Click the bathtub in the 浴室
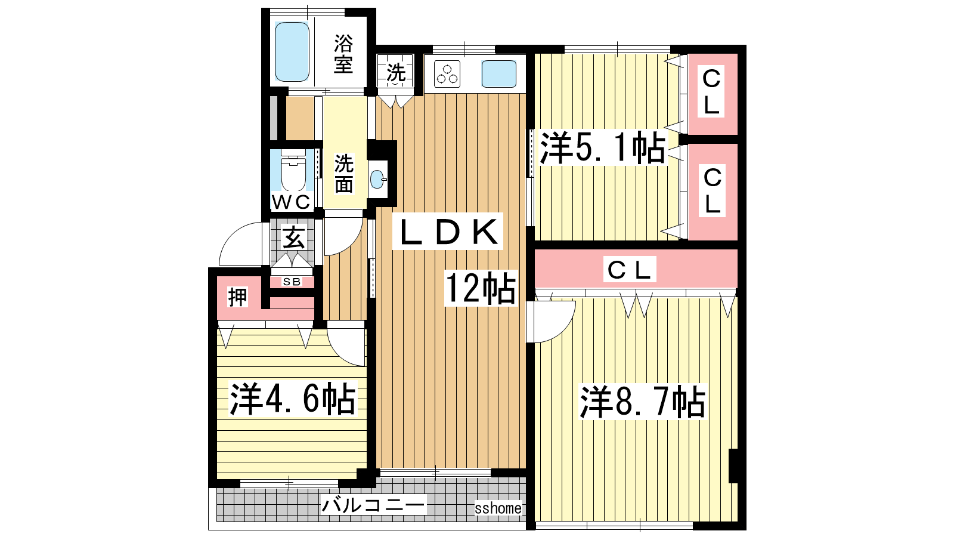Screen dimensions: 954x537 [x=292, y=51]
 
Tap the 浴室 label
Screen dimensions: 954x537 [x=343, y=54]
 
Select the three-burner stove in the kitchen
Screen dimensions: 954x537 [x=447, y=74]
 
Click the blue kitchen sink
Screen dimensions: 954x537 [x=498, y=74]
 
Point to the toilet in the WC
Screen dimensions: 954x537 [x=293, y=171]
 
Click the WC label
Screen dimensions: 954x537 [x=292, y=202]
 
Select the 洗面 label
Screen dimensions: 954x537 [x=343, y=174]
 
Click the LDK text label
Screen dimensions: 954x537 [x=448, y=232]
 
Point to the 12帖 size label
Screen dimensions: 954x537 [x=481, y=288]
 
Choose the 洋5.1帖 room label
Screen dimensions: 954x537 [x=602, y=149]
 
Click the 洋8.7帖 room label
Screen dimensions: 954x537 [x=643, y=401]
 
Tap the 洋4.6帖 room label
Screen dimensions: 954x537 [x=292, y=399]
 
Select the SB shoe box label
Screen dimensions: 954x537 [x=292, y=282]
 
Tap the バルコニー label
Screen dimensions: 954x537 [x=373, y=505]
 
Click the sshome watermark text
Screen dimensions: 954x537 [x=498, y=508]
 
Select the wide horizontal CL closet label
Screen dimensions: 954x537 [x=630, y=269]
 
